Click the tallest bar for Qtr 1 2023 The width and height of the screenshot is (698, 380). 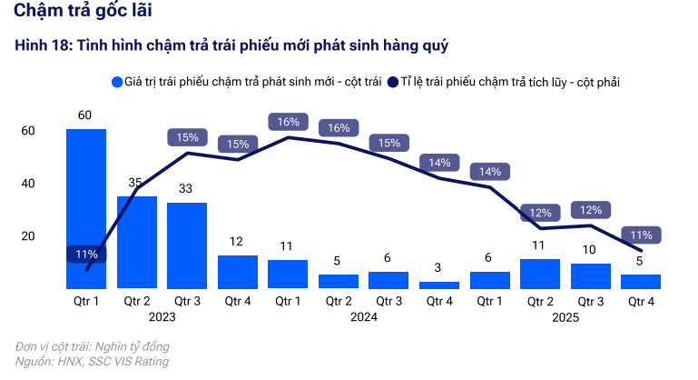(86, 208)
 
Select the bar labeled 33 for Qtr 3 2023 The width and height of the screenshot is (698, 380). (187, 245)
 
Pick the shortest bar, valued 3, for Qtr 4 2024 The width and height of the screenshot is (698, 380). (439, 285)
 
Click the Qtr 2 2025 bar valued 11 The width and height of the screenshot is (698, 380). (540, 274)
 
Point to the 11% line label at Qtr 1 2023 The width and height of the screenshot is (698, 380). (86, 255)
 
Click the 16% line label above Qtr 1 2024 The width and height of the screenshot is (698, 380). (289, 122)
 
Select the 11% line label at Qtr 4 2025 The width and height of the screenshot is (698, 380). (642, 235)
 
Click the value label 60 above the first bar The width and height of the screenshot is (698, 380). (85, 115)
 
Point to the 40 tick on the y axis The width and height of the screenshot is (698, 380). (27, 184)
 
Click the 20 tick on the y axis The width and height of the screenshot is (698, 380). (27, 236)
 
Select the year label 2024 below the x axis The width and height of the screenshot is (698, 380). (364, 317)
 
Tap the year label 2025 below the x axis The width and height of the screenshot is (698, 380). (565, 317)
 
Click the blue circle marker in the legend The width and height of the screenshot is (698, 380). (117, 83)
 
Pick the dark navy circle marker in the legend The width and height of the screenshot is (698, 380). (394, 83)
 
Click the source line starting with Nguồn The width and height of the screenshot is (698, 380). (92, 361)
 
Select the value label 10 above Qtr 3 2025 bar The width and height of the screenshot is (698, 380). (591, 250)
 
